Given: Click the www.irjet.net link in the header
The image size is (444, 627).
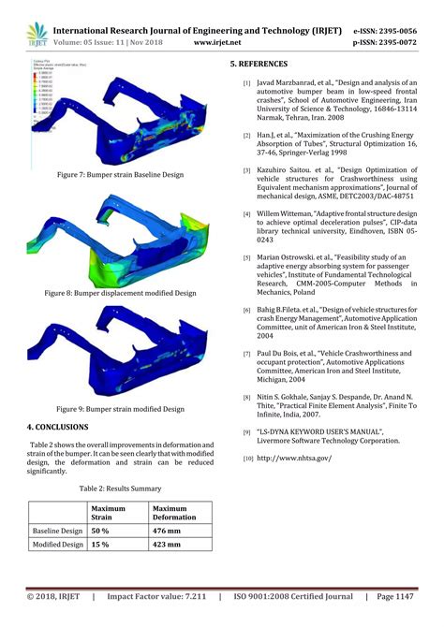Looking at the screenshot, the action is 218,42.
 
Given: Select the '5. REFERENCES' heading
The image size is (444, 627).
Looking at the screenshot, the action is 259,64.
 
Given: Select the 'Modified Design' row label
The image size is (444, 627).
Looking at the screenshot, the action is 58,544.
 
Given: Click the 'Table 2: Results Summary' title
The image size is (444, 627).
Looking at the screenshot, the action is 119,488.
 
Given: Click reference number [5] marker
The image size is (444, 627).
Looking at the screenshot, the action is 246,257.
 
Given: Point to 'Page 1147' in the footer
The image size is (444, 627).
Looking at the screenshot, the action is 396,595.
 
